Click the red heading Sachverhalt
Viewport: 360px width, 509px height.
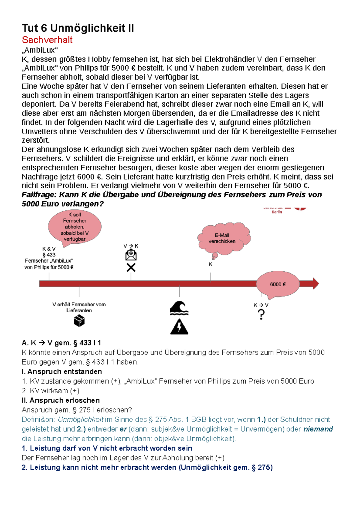coord(47,40)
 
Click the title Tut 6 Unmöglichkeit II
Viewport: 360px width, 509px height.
coord(78,28)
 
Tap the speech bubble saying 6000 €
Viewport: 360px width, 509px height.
coord(278,284)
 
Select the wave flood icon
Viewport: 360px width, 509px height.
coord(179,308)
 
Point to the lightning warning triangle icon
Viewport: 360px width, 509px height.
coord(179,327)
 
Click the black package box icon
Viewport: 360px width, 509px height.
coord(79,321)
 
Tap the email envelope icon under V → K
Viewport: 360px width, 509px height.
coord(131,255)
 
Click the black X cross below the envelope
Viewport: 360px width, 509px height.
coord(131,267)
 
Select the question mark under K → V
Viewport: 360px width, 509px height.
coord(261,314)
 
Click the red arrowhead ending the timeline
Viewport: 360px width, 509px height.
coord(315,284)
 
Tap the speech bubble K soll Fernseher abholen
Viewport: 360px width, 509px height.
coord(75,227)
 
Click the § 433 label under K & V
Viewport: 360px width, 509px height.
coord(49,255)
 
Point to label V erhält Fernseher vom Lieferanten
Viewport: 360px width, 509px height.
coord(79,307)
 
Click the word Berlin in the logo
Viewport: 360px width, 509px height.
coord(277,212)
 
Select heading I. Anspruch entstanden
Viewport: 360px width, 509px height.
coord(62,372)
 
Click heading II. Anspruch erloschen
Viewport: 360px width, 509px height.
coord(61,400)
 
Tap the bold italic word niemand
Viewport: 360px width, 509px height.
coord(318,429)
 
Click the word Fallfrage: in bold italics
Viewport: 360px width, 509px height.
coord(39,195)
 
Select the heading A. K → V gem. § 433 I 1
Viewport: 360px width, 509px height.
coord(61,343)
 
